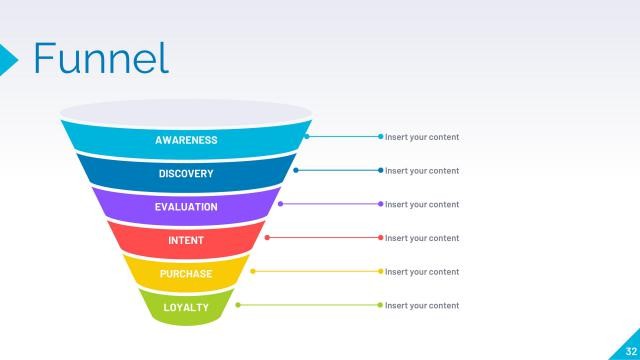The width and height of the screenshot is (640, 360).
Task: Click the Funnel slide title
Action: coord(101,59)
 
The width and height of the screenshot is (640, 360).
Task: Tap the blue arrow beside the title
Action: coord(9,59)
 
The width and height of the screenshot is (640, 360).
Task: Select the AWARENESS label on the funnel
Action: coord(186,140)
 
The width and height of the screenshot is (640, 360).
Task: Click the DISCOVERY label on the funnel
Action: coord(186,174)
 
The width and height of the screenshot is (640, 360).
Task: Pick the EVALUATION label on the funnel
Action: coord(186,207)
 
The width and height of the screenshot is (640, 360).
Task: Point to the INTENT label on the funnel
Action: coord(186,241)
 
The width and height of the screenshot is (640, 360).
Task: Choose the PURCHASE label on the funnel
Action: coord(186,274)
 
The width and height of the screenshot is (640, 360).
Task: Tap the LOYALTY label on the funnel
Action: coord(186,307)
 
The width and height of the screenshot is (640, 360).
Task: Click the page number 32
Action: coord(629,349)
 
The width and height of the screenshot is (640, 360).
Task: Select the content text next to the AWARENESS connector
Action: coord(422,137)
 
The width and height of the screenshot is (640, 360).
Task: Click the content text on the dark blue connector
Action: coord(422,171)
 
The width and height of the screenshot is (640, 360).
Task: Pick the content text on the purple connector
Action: coord(422,204)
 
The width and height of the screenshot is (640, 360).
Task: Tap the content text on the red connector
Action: coord(422,238)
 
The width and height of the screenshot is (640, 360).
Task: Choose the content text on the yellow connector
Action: coord(422,272)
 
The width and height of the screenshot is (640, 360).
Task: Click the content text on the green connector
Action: coord(422,305)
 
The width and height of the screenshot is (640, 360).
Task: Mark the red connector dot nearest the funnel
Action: coord(267,238)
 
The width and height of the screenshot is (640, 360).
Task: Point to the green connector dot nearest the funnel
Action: coord(238,305)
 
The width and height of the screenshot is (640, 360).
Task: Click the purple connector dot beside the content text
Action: coord(381,204)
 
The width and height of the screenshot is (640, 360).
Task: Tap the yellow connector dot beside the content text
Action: coord(381,271)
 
